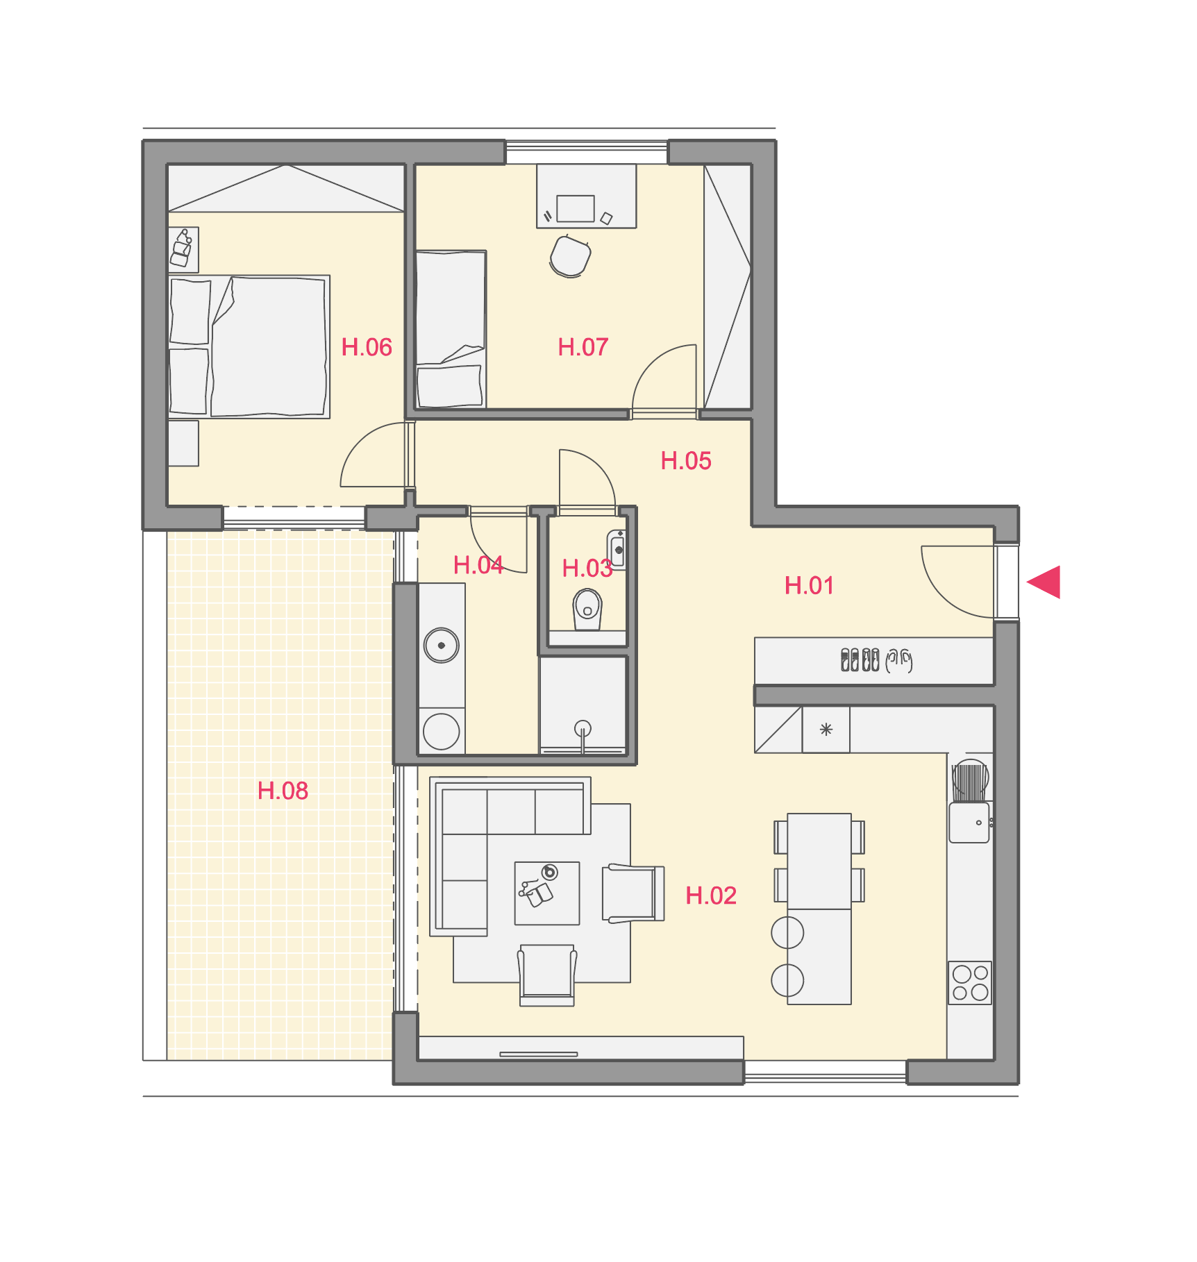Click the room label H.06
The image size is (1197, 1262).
pos(367,347)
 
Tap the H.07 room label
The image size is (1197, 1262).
pos(583,347)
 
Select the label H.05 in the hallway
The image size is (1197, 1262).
pos(686,461)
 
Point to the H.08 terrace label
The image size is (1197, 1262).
pos(283,791)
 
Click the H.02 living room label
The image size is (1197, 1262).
pos(711,895)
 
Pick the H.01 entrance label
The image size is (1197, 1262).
pos(809,586)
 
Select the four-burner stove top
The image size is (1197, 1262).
pos(970,983)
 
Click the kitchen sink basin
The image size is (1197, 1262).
pos(969,823)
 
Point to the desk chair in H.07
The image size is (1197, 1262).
pos(570,256)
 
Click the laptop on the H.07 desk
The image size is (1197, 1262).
pos(576,208)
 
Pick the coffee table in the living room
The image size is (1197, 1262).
pos(547,893)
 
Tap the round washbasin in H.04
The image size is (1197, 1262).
pos(442,645)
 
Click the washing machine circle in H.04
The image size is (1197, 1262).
pos(442,731)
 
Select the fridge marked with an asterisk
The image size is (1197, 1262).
pos(826,730)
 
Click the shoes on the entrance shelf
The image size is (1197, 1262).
pos(876,659)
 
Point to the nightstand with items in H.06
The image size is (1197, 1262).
pos(184,249)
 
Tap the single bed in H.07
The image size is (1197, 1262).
pos(451,329)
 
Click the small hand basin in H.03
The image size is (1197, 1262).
pos(617,550)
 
